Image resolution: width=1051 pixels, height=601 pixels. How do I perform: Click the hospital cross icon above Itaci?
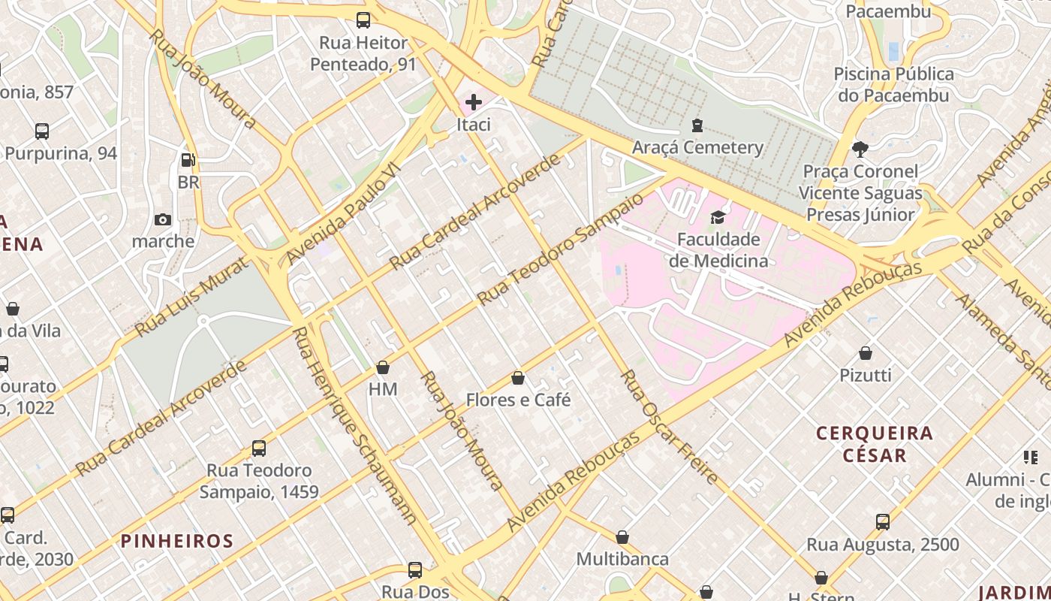[x=474, y=101]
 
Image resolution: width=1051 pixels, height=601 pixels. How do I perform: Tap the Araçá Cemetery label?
[x=697, y=147]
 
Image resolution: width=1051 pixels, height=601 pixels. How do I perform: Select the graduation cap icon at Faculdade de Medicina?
[x=718, y=217]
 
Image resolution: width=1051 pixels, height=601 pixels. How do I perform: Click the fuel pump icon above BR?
[x=188, y=160]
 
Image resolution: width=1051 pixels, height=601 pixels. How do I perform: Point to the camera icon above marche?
[x=163, y=219]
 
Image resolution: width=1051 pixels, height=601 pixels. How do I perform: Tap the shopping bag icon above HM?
[x=383, y=367]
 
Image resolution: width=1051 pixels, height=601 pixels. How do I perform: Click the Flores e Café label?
[x=518, y=400]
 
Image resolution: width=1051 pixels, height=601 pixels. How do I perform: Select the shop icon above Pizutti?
[x=866, y=352]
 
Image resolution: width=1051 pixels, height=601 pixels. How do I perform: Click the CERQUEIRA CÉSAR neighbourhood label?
[x=874, y=444]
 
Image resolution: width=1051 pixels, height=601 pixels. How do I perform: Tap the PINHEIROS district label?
[x=177, y=541]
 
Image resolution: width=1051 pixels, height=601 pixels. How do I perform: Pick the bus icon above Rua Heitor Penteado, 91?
[x=363, y=20]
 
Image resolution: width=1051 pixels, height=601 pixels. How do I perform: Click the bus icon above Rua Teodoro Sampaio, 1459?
[x=259, y=448]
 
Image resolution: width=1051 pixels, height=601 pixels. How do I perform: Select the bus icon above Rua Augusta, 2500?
[x=883, y=521]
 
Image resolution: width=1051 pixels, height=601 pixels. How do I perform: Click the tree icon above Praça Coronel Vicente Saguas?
[x=860, y=149]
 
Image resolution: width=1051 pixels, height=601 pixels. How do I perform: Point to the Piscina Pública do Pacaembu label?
[x=893, y=84]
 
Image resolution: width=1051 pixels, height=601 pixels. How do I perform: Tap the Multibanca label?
[x=622, y=559]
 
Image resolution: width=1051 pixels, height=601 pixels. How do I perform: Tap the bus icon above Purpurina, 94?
[x=42, y=131]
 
